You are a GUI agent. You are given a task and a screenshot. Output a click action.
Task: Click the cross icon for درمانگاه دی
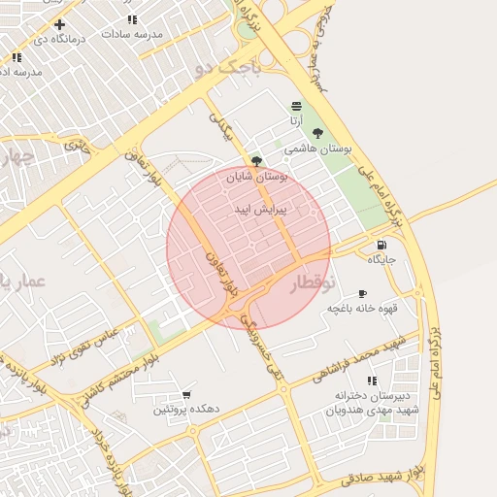[x=60, y=24]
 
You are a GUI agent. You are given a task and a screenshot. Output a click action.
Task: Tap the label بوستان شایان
[x=257, y=177]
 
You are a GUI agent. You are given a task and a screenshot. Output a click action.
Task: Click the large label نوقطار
[x=311, y=282]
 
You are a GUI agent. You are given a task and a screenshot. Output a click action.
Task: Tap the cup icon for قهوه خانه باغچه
[x=362, y=293]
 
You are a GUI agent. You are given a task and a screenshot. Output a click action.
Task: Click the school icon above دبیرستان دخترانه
[x=372, y=381]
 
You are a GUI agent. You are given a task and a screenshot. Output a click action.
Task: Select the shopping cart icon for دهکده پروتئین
[x=186, y=395]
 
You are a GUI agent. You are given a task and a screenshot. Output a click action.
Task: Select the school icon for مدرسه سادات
[x=132, y=18]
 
